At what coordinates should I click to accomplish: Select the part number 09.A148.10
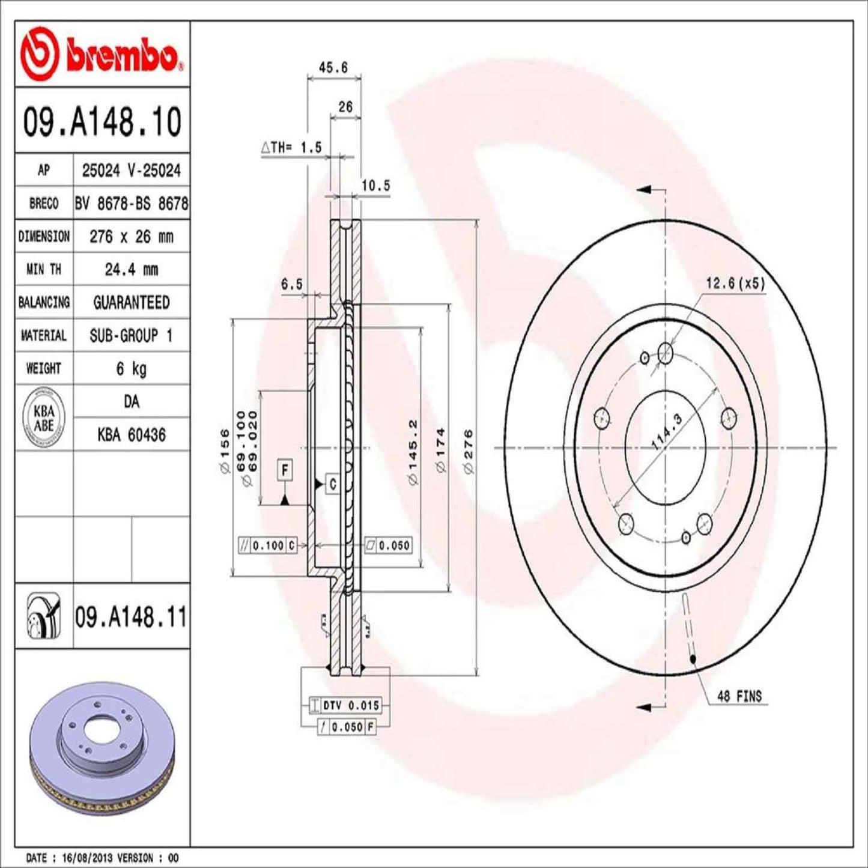coord(102,121)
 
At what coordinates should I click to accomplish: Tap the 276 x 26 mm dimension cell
coord(131,237)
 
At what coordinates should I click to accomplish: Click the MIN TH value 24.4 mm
coord(131,270)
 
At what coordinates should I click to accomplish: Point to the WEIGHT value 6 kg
coord(131,368)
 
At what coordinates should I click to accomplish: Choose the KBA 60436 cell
coord(131,435)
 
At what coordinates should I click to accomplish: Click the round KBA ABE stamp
coord(44,418)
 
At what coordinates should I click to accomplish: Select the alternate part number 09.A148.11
coord(130,618)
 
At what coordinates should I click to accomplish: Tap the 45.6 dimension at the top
coord(333,67)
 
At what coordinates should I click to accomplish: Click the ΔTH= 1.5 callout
coord(292,147)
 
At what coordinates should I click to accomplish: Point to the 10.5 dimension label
coord(375,186)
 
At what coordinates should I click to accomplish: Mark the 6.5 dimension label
coord(292,284)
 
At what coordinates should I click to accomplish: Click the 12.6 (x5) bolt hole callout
coord(735,283)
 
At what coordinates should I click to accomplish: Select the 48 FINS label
coord(739,696)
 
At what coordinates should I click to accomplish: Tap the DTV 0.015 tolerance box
coord(350,705)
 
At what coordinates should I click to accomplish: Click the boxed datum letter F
coord(285,470)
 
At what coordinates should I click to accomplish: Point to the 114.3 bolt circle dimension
coord(667,431)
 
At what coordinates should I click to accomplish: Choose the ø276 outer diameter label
coord(469,451)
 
